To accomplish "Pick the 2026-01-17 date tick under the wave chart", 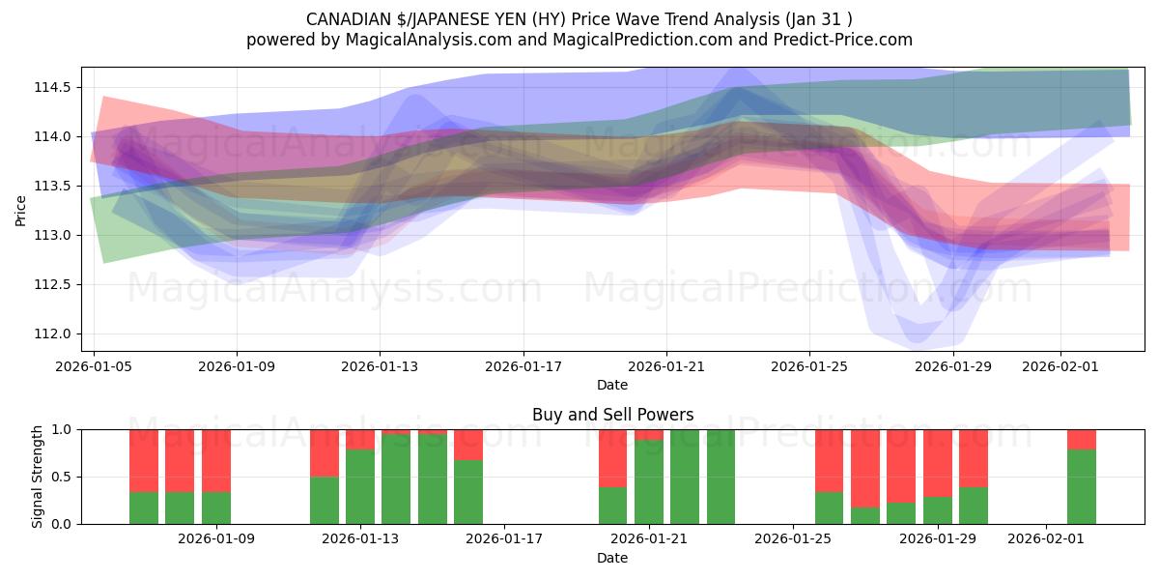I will tap(523, 366).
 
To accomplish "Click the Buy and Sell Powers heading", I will tap(612, 415).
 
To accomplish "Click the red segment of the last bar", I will tap(1082, 439).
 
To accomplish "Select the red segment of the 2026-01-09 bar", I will tap(216, 460).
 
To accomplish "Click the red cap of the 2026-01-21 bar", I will tap(649, 434).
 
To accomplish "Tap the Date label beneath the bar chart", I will tap(612, 558).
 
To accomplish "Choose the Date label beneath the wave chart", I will tap(612, 385).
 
